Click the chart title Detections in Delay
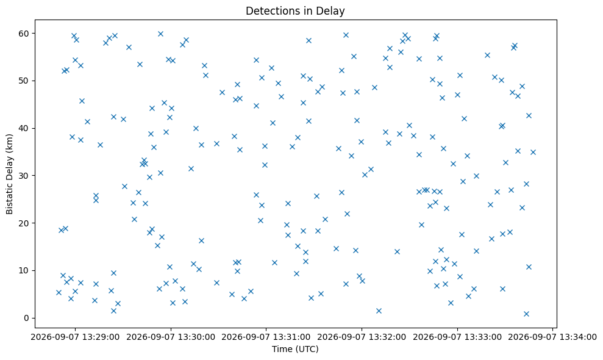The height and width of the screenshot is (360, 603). point(295,11)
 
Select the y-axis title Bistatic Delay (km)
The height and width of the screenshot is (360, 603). point(10,174)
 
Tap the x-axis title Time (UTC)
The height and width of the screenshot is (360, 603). point(295,349)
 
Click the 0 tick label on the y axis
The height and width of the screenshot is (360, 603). point(27,318)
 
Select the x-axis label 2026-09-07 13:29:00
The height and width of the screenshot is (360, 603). point(75,337)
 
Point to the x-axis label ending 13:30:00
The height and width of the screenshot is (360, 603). point(171,337)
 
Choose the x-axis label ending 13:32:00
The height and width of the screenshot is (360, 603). point(362,337)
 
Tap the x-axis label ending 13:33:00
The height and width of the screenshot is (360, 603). point(457,337)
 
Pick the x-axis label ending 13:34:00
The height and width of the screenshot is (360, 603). point(552,337)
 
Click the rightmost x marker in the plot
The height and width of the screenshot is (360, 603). point(533,152)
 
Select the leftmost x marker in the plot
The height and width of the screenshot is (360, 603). point(59,293)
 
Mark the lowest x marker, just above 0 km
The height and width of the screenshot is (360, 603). point(526,314)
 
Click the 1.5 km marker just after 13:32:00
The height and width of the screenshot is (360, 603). point(379,311)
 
